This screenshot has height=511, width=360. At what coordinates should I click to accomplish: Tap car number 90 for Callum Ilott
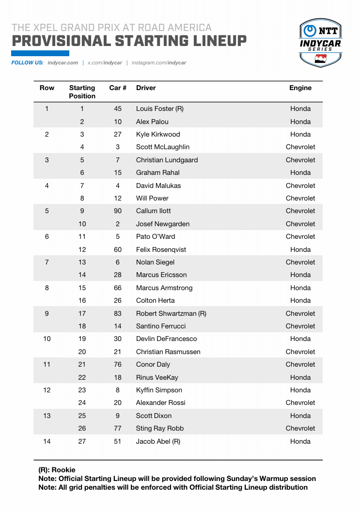(118, 211)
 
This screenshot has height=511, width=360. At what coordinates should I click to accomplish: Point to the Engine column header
(300, 88)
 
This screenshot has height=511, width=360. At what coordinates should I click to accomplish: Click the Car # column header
(118, 88)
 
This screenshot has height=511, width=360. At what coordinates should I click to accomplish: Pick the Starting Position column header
(82, 92)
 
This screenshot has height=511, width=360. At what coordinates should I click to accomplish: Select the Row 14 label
(47, 441)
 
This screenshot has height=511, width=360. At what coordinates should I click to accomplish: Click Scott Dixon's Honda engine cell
(300, 416)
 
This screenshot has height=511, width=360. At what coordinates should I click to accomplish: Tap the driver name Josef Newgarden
(163, 224)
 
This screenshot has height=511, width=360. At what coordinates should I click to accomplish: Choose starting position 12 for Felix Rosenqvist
(82, 249)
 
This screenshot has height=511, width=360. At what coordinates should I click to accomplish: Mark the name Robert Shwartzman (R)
(171, 313)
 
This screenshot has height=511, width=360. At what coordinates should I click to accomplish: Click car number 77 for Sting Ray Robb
(118, 428)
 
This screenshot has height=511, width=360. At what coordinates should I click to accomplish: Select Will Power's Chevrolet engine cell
(300, 198)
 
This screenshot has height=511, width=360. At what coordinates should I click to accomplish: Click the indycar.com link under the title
(63, 63)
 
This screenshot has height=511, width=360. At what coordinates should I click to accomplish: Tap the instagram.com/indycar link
(159, 63)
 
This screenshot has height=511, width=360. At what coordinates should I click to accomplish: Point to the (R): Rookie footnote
(57, 470)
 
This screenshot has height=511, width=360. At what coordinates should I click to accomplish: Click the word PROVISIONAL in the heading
(61, 41)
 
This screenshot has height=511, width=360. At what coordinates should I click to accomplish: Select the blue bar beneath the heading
(40, 53)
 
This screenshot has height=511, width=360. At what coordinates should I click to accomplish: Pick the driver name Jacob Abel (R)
(158, 441)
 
